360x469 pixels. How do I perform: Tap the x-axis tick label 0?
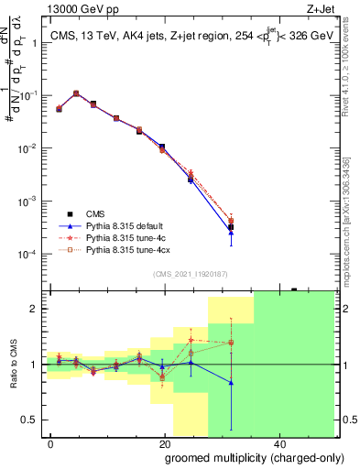(x=51, y=443)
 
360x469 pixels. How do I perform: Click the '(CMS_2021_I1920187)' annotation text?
(x=190, y=274)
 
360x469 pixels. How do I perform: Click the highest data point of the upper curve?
(x=76, y=93)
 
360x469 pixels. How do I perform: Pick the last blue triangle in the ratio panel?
(x=231, y=383)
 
